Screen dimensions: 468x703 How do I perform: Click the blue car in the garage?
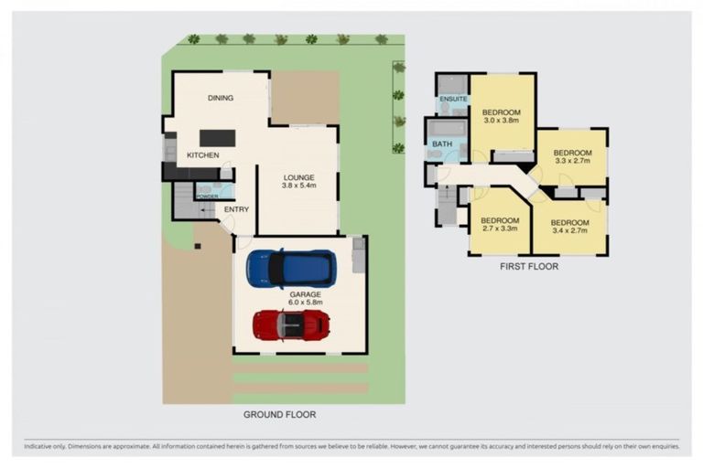pyautogui.click(x=291, y=268)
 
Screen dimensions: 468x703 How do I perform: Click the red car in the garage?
pyautogui.click(x=291, y=324)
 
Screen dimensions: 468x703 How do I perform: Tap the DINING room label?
pyautogui.click(x=220, y=98)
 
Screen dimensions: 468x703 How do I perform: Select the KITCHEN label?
pyautogui.click(x=202, y=155)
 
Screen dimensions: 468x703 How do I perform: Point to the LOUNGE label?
pyautogui.click(x=298, y=177)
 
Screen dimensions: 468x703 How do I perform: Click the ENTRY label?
pyautogui.click(x=236, y=209)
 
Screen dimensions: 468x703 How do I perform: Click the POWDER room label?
pyautogui.click(x=206, y=197)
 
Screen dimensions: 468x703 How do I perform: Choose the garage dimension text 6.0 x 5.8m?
pyautogui.click(x=307, y=303)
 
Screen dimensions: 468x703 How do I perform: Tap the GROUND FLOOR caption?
pyautogui.click(x=279, y=414)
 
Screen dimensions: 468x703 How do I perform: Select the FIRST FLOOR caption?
pyautogui.click(x=528, y=267)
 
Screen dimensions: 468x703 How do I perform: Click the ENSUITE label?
pyautogui.click(x=453, y=99)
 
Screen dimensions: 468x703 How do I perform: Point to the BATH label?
pyautogui.click(x=442, y=144)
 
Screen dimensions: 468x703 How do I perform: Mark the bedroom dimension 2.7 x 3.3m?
pyautogui.click(x=500, y=229)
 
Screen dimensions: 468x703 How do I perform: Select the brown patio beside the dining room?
pyautogui.click(x=305, y=96)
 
